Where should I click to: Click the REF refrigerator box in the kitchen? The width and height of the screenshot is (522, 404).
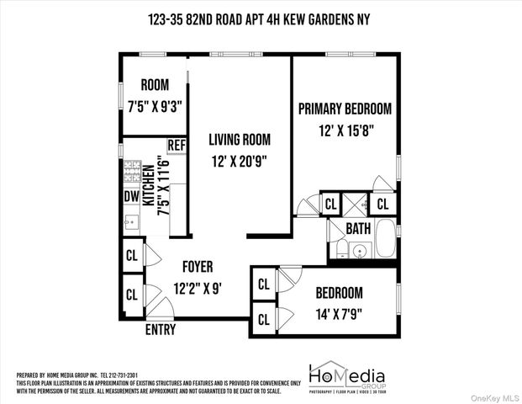click(x=177, y=146)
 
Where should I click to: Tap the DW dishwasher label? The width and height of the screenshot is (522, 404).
click(x=131, y=196)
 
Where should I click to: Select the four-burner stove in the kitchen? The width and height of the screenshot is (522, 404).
click(x=132, y=173)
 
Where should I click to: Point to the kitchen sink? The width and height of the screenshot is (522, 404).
click(x=132, y=222)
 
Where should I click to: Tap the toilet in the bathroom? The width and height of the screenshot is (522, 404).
click(x=342, y=248)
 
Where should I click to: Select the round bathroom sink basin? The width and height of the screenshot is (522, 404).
click(x=361, y=250)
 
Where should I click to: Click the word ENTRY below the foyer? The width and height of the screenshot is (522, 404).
click(x=161, y=330)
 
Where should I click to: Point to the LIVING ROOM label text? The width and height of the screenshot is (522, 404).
click(x=239, y=140)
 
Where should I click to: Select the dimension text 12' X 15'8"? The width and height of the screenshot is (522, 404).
click(x=345, y=130)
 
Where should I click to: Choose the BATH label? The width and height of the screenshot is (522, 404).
click(x=358, y=228)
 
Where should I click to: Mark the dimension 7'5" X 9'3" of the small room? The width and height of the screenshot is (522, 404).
click(x=155, y=106)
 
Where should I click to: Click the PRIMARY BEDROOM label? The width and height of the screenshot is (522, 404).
click(x=345, y=109)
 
